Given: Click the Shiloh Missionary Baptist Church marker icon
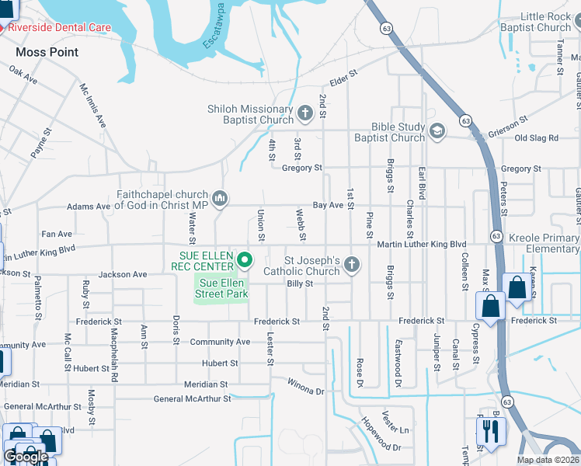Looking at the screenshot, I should (305, 115).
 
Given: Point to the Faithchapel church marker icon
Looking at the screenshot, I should (220, 200).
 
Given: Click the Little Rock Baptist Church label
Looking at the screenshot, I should (545, 22).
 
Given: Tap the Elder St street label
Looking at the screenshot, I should (343, 76).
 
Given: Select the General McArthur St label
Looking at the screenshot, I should (193, 399).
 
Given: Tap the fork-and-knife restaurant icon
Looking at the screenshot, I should (491, 429).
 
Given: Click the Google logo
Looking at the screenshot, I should (26, 457).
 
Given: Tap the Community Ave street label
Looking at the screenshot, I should (221, 342).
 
